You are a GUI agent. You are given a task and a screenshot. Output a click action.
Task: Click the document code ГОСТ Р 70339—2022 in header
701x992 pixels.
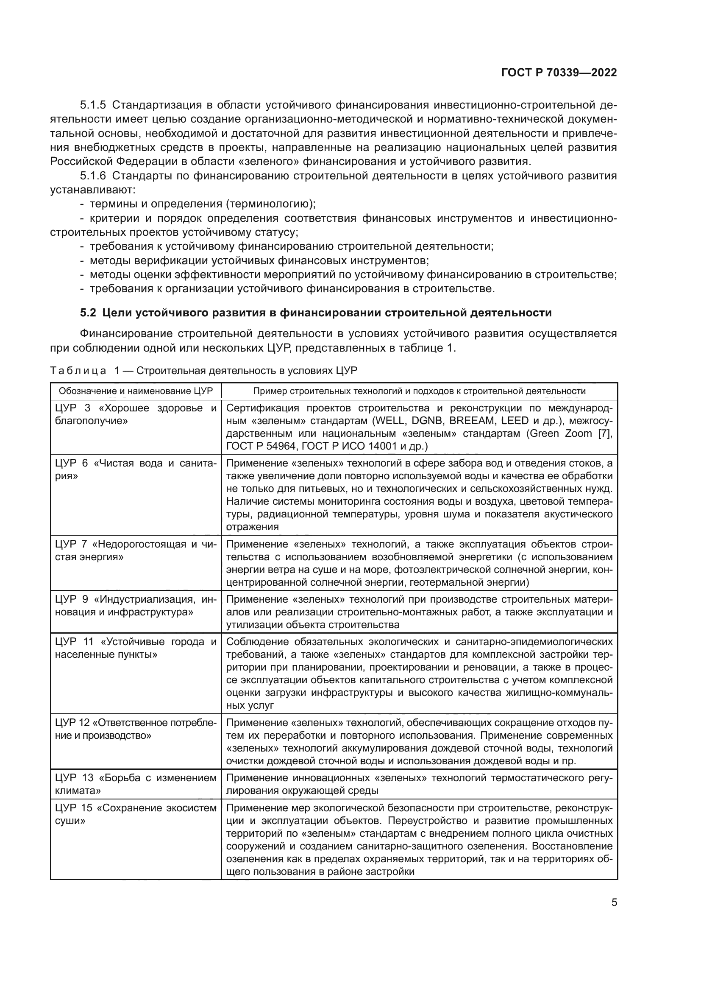559,73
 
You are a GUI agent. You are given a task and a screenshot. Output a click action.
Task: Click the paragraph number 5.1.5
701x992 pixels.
93,105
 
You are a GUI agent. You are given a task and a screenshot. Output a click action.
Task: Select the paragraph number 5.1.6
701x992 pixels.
93,176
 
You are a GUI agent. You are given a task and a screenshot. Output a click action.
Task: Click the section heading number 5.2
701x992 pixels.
88,313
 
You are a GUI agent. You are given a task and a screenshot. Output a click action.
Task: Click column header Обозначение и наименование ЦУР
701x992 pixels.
136,391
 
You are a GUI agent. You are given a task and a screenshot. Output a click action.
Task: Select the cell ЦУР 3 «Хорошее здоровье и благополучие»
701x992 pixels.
136,414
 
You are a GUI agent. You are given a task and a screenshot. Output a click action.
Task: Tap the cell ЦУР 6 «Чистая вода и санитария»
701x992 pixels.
136,469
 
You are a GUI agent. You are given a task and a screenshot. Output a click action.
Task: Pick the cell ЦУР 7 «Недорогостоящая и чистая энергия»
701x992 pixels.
136,550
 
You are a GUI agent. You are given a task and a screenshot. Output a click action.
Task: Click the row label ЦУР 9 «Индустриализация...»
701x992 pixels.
136,605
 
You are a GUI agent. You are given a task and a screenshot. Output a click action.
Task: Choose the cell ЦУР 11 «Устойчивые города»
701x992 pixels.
136,648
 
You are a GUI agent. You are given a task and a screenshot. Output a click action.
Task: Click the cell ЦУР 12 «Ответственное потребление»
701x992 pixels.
136,729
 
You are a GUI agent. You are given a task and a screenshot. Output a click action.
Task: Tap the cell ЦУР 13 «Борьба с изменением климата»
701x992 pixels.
136,784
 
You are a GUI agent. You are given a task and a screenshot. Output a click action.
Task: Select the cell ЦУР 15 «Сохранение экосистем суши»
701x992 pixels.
136,814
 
